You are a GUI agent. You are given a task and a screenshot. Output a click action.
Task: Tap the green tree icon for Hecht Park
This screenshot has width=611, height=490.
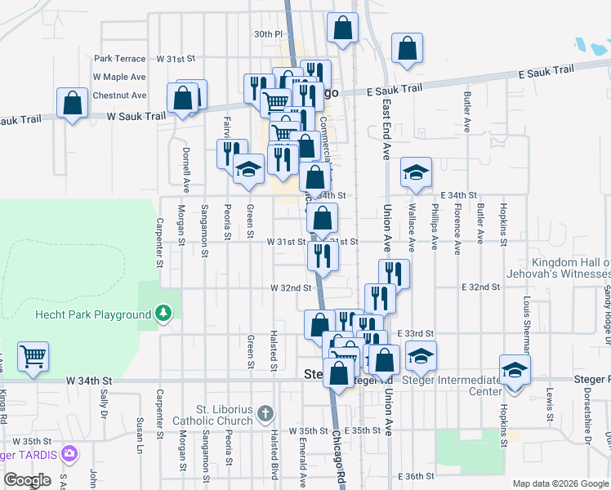tap(164, 313)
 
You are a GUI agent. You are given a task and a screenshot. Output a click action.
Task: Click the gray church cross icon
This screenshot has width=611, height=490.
tap(264, 414)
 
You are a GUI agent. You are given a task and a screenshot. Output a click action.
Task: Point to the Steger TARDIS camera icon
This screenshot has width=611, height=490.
tap(69, 452)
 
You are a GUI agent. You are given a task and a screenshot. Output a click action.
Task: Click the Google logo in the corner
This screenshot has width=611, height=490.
tap(27, 480)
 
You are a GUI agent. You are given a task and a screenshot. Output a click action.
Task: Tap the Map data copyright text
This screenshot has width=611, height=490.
tap(560, 483)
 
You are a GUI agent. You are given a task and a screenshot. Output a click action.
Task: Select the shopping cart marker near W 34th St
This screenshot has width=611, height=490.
tap(33, 356)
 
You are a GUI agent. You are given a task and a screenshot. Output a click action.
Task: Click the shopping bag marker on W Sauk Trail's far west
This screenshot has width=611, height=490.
tap(73, 104)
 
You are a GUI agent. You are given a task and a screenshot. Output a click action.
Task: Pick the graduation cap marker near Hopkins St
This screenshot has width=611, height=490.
tap(515, 369)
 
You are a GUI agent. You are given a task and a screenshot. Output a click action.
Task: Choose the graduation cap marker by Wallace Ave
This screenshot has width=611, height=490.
tap(416, 172)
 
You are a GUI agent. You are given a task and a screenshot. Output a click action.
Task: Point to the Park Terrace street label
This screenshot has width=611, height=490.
tap(119, 59)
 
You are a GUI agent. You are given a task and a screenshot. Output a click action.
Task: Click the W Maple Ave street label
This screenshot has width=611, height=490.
tap(119, 77)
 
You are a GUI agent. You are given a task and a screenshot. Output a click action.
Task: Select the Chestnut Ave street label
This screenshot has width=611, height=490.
tap(119, 96)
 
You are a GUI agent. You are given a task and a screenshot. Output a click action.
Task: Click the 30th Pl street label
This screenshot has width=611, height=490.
tap(267, 34)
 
